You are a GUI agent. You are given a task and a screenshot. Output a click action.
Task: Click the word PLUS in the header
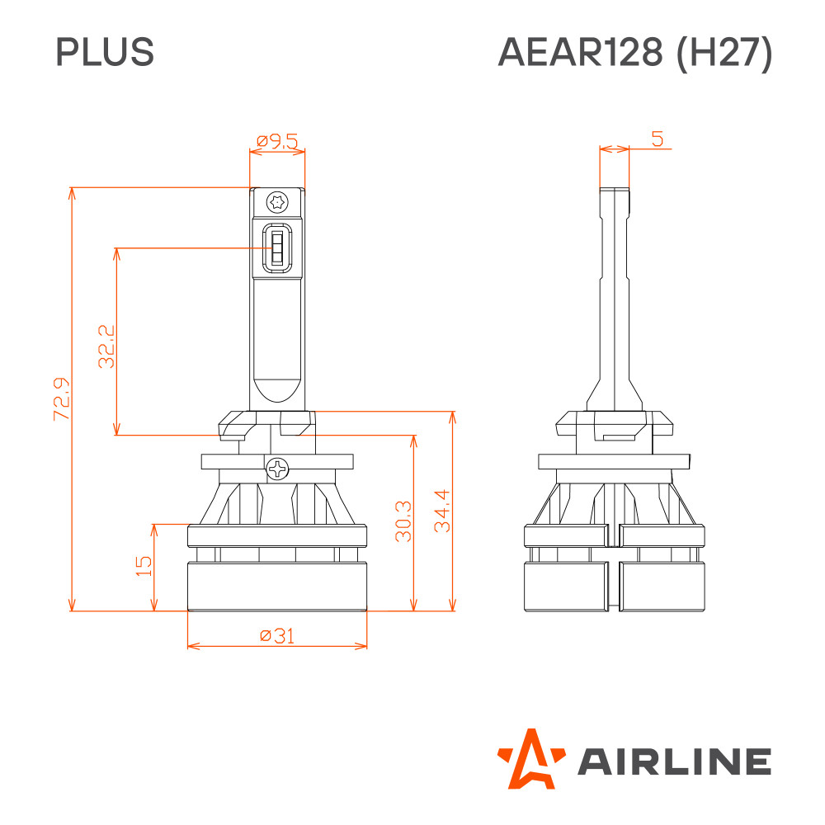(x=105, y=51)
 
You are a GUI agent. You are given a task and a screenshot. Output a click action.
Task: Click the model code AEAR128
(x=580, y=52)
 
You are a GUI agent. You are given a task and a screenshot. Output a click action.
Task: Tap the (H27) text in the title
(x=724, y=53)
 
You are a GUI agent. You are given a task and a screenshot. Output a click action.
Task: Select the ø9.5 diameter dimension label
(x=277, y=141)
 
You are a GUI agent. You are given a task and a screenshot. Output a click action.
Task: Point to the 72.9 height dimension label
(x=62, y=398)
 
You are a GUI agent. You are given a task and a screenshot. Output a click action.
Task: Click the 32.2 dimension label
(x=106, y=346)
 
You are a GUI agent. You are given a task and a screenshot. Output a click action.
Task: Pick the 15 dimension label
(x=144, y=566)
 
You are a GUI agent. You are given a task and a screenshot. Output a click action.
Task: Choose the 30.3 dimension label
(x=403, y=521)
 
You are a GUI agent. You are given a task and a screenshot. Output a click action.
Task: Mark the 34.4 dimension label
(x=442, y=511)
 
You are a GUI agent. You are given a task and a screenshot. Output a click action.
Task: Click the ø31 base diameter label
(x=277, y=635)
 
